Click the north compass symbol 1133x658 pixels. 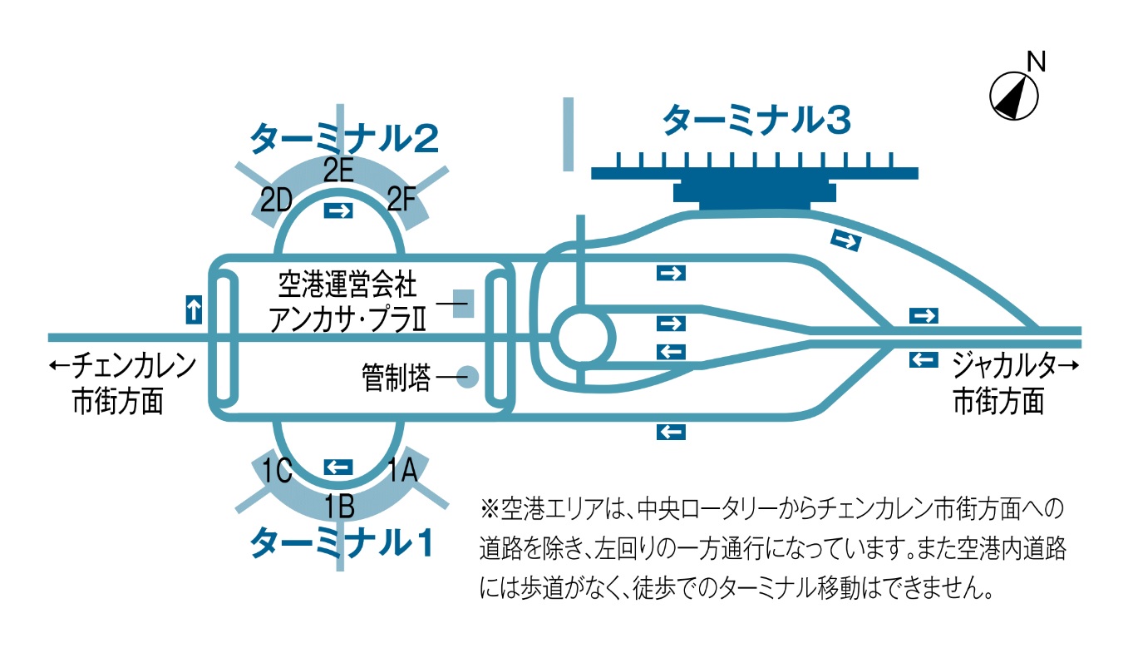click(x=1014, y=95)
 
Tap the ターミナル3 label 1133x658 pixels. click(x=756, y=121)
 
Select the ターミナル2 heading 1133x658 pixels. click(x=344, y=138)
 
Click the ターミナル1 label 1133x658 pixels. click(x=342, y=542)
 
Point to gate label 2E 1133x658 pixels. click(x=339, y=171)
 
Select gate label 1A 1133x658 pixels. click(x=401, y=472)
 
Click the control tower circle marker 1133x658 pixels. click(x=469, y=378)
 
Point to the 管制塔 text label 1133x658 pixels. click(x=396, y=379)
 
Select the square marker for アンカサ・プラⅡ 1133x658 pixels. click(x=463, y=304)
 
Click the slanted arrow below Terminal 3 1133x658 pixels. click(x=845, y=241)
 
